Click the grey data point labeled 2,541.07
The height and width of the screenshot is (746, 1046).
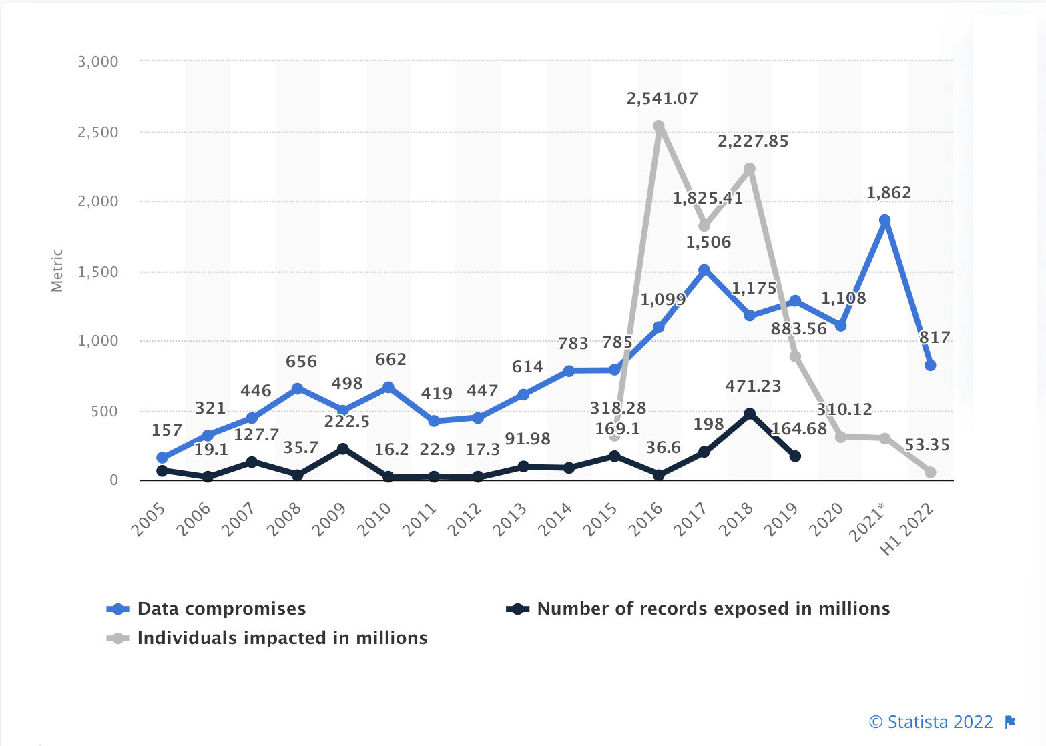pyautogui.click(x=659, y=126)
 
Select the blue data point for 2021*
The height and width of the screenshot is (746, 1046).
pyautogui.click(x=884, y=220)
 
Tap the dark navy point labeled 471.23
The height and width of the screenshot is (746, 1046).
pyautogui.click(x=750, y=414)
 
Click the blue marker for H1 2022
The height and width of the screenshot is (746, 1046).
pyautogui.click(x=930, y=365)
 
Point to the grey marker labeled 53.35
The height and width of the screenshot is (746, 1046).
pyautogui.click(x=930, y=472)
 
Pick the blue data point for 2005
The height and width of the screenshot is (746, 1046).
pyautogui.click(x=162, y=458)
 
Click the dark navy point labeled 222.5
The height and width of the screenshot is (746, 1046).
pyautogui.click(x=342, y=449)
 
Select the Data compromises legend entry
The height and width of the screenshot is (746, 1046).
pyautogui.click(x=207, y=609)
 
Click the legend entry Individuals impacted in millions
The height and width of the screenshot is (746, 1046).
pyautogui.click(x=267, y=638)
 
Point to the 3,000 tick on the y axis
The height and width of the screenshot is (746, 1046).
pyautogui.click(x=98, y=61)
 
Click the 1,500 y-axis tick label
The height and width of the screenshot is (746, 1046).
pyautogui.click(x=98, y=272)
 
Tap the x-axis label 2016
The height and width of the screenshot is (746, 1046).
pyautogui.click(x=647, y=519)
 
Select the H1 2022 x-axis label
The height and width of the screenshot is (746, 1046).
pyautogui.click(x=907, y=528)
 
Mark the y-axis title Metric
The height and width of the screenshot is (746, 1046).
pyautogui.click(x=57, y=270)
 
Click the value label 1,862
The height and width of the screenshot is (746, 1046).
pyautogui.click(x=888, y=193)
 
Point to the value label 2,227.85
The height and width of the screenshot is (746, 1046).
pyautogui.click(x=753, y=141)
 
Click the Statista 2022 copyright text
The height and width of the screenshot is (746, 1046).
pyautogui.click(x=931, y=722)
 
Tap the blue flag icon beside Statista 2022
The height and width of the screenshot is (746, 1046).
pyautogui.click(x=1009, y=721)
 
